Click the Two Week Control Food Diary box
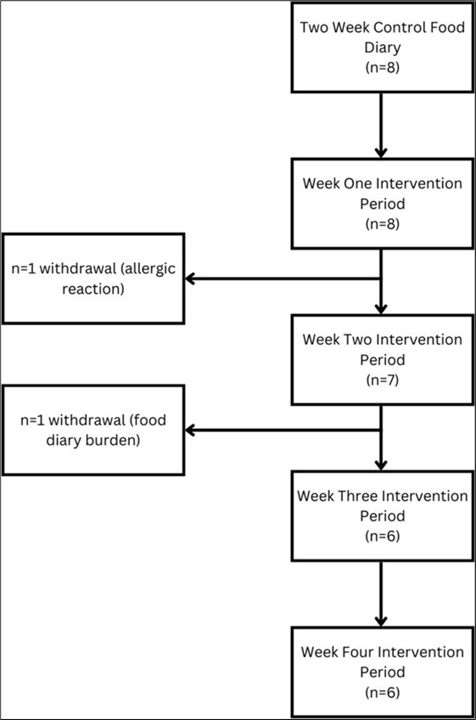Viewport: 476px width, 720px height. coord(382,47)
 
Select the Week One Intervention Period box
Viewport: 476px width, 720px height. coord(382,203)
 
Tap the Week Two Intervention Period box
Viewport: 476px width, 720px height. coord(382,359)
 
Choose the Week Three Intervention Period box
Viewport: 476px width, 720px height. coord(382,515)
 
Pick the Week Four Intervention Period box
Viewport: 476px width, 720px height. coord(382,672)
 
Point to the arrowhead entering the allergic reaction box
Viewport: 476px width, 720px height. coord(192,278)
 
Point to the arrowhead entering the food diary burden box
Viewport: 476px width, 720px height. coord(192,430)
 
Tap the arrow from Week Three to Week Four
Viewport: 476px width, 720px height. coord(382,594)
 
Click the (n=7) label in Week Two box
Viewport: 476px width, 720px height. coord(382,380)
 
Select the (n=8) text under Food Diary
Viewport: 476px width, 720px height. coord(382,67)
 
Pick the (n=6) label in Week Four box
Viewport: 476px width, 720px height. coord(382,692)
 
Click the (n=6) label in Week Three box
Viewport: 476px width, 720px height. coord(382,536)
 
